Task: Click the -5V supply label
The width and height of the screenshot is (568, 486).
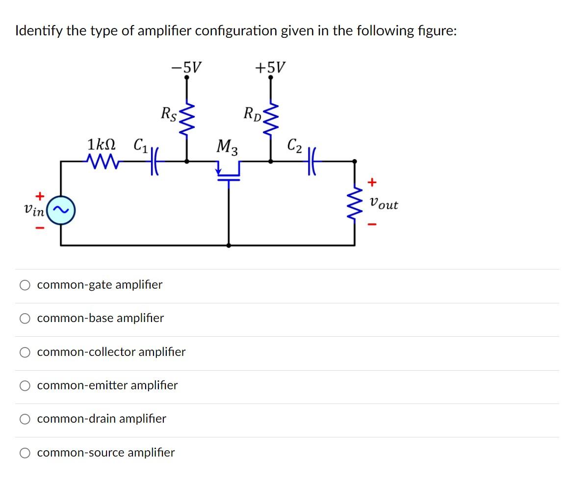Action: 186,66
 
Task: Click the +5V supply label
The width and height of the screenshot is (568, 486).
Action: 269,66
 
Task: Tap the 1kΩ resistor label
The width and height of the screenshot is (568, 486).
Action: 102,145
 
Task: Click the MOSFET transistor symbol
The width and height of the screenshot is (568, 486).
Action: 229,173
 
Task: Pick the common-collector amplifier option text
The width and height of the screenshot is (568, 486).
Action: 111,352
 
